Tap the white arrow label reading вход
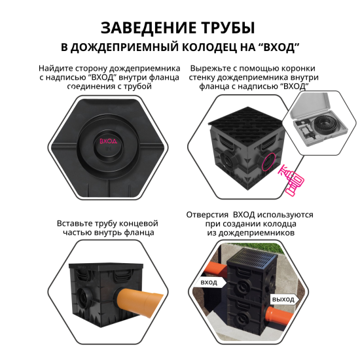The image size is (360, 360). point(209,281)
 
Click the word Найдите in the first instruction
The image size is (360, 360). point(56,68)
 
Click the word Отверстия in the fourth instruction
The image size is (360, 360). point(207,214)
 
